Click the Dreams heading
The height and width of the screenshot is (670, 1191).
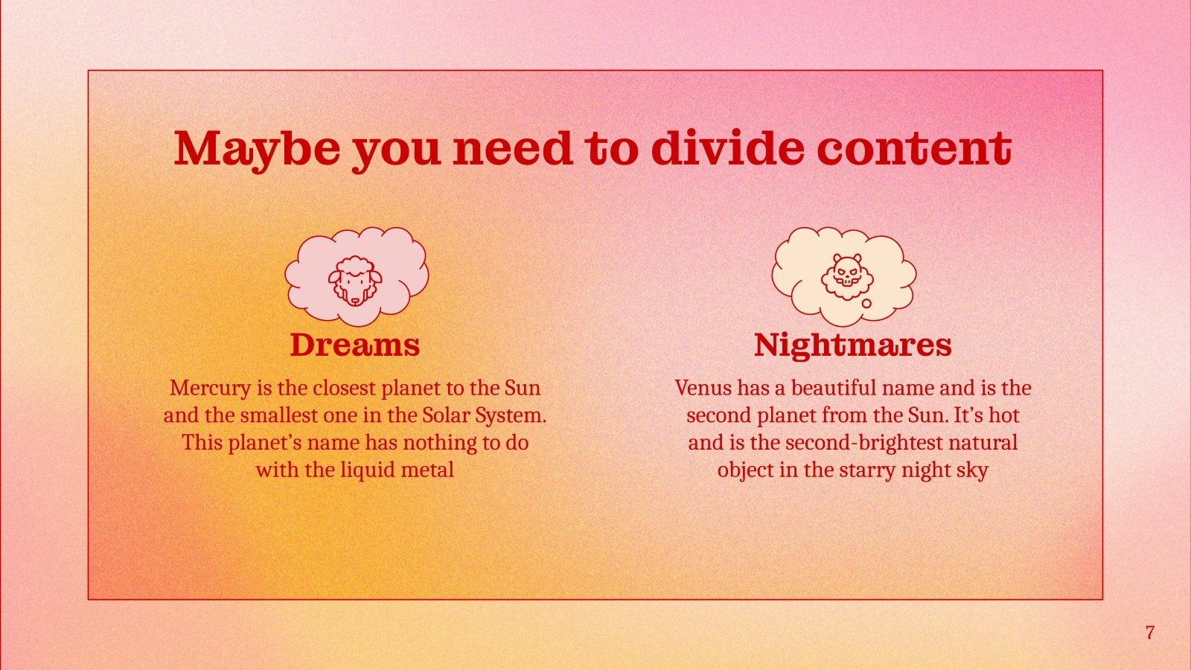coord(354,345)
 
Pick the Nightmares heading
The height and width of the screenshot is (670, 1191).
coord(852,345)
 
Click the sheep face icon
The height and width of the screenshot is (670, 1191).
coord(355,281)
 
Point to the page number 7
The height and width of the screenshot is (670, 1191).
coord(1150,633)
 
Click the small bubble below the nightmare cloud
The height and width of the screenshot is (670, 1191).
coord(866,304)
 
